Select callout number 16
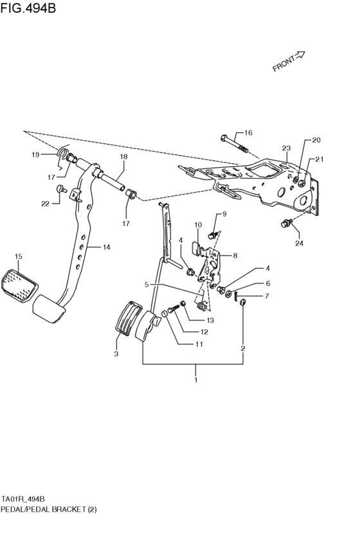248,133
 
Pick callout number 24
298,244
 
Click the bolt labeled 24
285,224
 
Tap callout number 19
36,154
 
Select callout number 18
123,157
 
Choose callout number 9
224,213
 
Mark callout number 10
198,224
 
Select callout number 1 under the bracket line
196,380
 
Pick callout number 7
250,296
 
